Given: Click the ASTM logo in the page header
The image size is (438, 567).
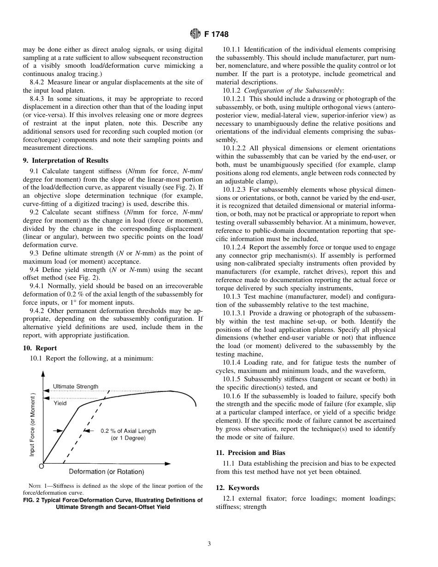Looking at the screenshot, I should click(195, 34).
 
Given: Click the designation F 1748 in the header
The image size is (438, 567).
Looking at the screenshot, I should click(216, 34).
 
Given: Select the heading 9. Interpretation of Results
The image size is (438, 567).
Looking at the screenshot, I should click(66, 160).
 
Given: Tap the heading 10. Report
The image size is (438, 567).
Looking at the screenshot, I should click(40, 348).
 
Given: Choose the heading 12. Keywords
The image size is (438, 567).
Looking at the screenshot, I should click(237, 488).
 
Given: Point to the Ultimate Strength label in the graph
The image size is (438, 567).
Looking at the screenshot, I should click(75, 386).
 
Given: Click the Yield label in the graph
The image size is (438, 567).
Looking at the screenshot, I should click(60, 403).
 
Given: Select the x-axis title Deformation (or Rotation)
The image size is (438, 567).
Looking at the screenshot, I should click(107, 472).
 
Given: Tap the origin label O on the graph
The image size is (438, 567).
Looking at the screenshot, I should click(41, 467).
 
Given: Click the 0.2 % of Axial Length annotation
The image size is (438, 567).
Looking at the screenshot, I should click(128, 431).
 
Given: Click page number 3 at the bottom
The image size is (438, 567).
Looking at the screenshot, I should click(209, 544).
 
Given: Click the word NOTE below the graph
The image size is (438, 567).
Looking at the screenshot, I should click(35, 486).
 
